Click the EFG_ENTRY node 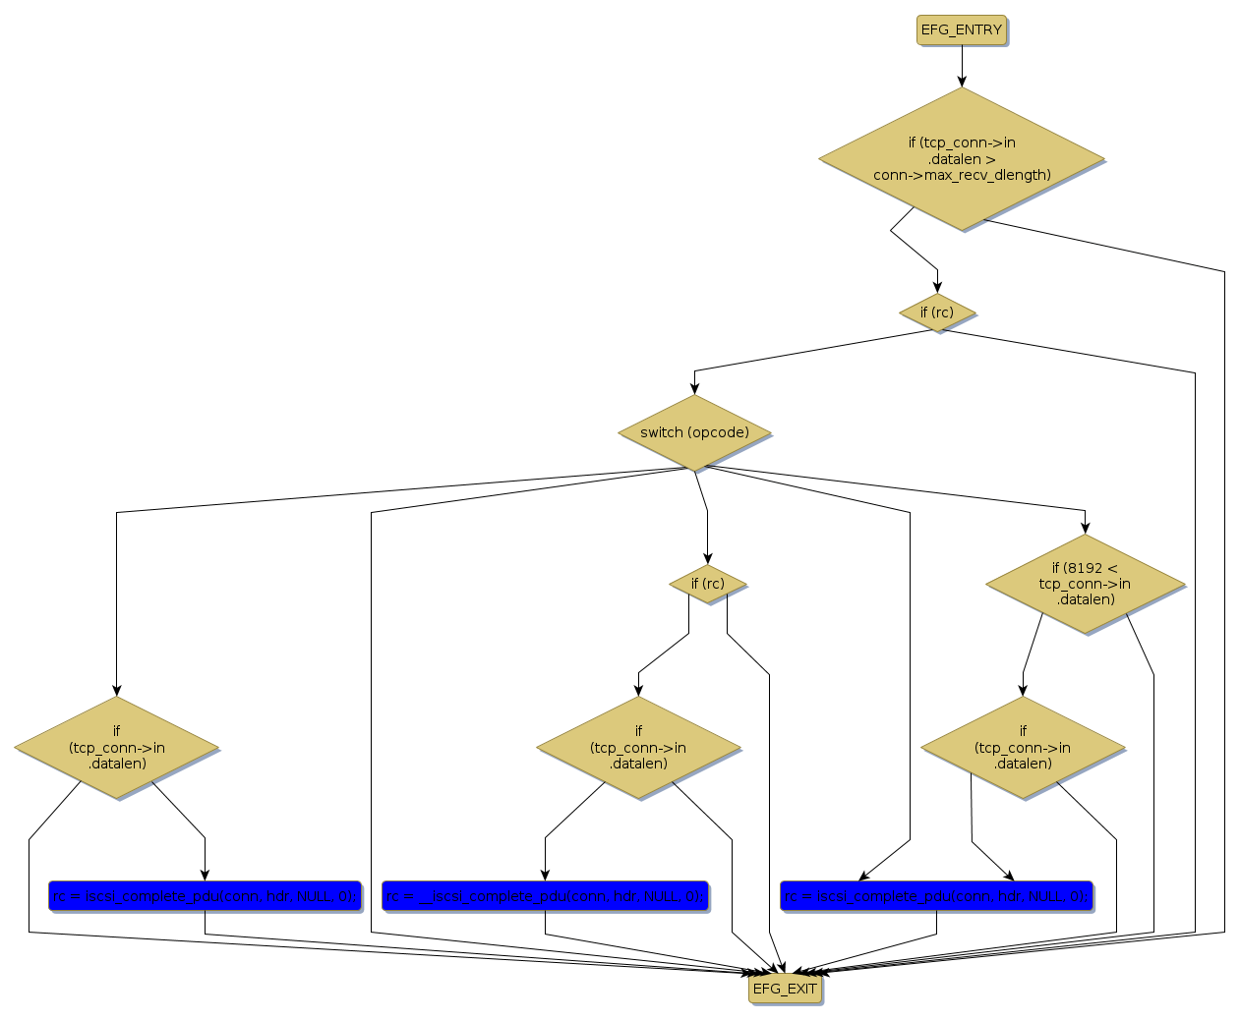pos(961,30)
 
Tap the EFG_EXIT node pos(784,989)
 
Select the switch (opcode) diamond pos(694,432)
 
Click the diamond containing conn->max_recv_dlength pos(962,159)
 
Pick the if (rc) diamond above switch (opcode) pos(937,312)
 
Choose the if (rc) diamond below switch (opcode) pos(707,584)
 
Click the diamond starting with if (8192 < pos(1085,584)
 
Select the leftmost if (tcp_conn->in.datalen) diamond pos(117,748)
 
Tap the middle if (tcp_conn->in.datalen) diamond pos(638,748)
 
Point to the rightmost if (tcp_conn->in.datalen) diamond pos(1023,748)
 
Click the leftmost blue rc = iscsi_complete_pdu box pos(205,896)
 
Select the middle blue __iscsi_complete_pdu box pos(545,896)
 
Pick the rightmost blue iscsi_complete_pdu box pos(936,896)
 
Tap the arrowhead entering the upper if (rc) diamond pos(937,287)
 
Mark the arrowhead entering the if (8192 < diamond pos(1085,528)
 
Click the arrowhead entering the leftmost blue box pos(205,875)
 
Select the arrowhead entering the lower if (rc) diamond pos(707,558)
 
